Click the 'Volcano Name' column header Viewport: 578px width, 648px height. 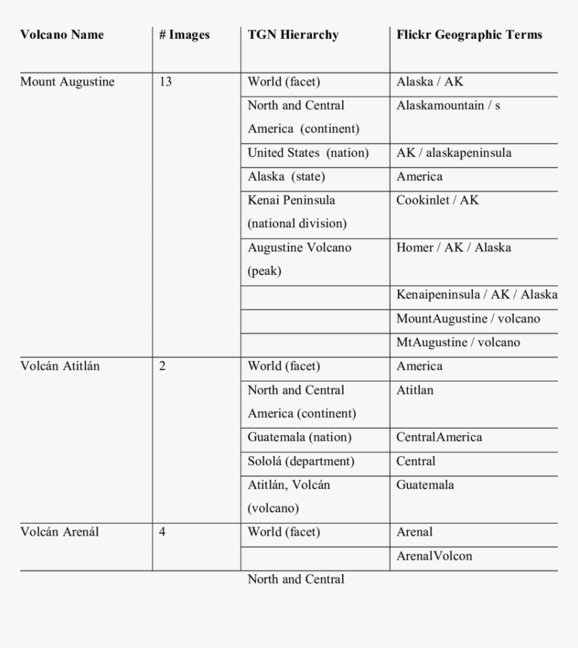point(62,35)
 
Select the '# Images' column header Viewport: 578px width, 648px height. point(184,35)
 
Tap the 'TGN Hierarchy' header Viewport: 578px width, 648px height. point(293,35)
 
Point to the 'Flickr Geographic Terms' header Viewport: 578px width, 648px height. point(469,35)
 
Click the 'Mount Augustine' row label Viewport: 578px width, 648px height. point(67,82)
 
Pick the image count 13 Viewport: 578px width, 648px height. point(165,82)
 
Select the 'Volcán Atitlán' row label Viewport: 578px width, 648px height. point(60,366)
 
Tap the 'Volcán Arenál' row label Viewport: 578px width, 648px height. point(60,532)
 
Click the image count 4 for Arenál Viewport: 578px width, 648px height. point(163,532)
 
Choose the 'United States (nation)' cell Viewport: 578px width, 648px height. point(308,153)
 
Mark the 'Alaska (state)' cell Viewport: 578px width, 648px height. point(286,177)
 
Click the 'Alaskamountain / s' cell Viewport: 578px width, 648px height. point(448,106)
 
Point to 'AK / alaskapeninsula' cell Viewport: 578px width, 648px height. point(454,153)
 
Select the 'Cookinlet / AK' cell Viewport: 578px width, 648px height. point(438,200)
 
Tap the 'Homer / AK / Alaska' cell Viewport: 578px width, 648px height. point(454,247)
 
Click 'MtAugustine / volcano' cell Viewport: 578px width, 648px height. point(458,342)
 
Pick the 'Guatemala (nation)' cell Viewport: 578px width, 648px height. point(300,437)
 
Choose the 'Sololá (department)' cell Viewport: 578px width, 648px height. point(301,461)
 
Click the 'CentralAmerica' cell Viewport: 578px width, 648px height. point(439,437)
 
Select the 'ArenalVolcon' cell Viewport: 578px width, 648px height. point(434,556)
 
